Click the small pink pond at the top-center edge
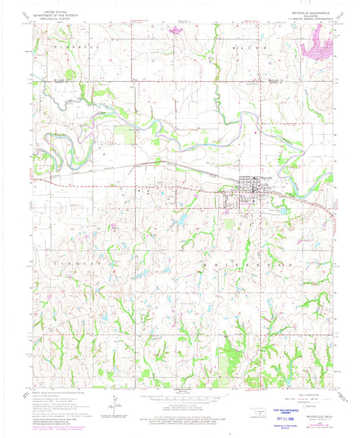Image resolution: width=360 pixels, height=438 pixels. tap(177, 30)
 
